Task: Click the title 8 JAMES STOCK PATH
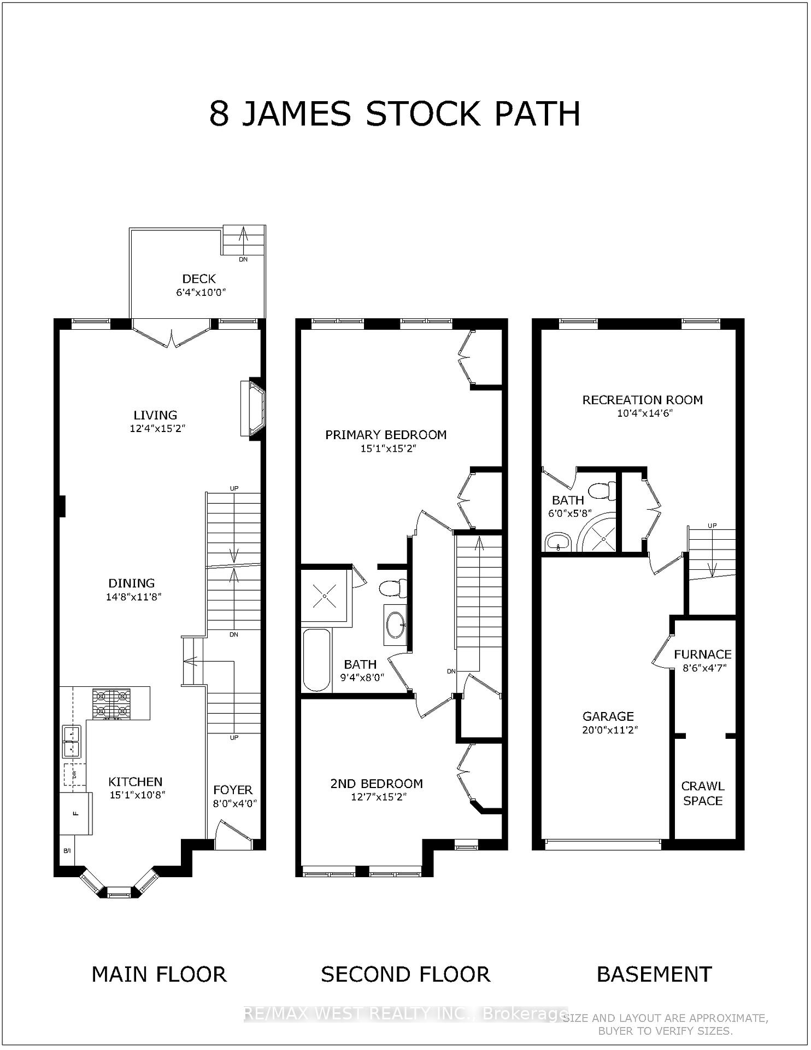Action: (395, 114)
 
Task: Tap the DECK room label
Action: (199, 279)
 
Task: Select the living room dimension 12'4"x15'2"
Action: (158, 429)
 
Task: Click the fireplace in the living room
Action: (253, 409)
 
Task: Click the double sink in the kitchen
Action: (72, 742)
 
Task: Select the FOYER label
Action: (233, 790)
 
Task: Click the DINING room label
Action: (131, 583)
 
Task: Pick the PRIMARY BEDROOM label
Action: (386, 435)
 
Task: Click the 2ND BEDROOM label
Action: (377, 784)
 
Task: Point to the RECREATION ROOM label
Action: (643, 400)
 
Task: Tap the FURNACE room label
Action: (703, 654)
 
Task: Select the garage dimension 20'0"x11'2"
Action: (610, 730)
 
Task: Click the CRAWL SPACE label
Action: (703, 794)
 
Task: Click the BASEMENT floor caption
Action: (654, 974)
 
